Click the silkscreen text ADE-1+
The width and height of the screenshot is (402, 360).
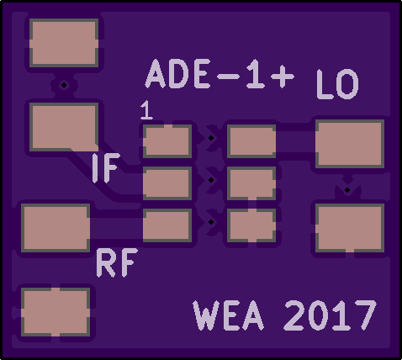tap(220, 74)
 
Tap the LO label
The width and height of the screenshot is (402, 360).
tap(337, 84)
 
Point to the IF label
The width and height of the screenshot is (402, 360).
tap(106, 167)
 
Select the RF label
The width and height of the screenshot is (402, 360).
tap(117, 262)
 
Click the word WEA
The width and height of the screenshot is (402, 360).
tap(229, 315)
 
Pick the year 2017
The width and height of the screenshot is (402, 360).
tap(330, 315)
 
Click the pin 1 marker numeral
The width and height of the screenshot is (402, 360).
tap(146, 110)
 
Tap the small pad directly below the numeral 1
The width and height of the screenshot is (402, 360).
tap(167, 141)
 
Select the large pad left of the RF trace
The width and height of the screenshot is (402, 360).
tap(56, 228)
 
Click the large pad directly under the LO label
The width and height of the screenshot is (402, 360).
tap(350, 144)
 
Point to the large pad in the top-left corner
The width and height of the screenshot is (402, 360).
tap(64, 43)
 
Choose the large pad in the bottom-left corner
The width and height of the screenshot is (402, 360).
tap(56, 312)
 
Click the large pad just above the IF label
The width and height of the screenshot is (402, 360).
tap(64, 127)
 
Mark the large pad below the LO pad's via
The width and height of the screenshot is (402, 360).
tap(350, 228)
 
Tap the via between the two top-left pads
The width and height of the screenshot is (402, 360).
tap(64, 85)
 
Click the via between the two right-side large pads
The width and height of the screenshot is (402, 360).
tap(347, 190)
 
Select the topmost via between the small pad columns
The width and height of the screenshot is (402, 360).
tap(211, 138)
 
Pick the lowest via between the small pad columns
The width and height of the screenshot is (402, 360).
tap(211, 222)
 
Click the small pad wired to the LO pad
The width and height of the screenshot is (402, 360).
tap(251, 141)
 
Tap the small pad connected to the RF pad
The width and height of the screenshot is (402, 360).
tap(167, 225)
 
